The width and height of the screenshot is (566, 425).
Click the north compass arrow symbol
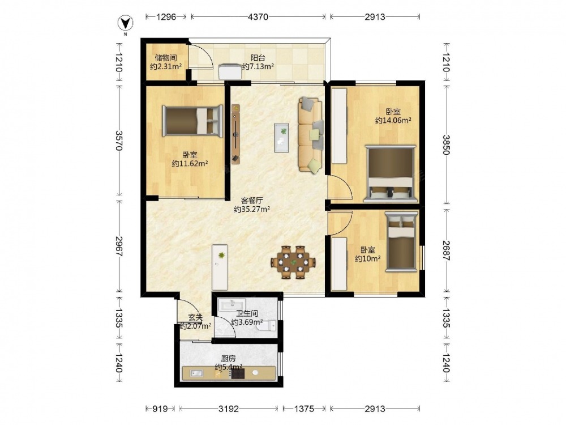click(125, 23)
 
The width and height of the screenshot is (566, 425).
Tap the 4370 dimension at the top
click(259, 16)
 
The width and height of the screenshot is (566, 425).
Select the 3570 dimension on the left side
click(119, 141)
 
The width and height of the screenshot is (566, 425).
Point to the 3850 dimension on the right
click(447, 144)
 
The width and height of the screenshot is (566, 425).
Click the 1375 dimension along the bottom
click(305, 409)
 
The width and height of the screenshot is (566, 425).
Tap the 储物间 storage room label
click(166, 57)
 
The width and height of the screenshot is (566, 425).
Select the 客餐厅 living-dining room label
click(252, 200)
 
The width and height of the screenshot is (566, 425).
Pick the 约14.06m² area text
click(393, 120)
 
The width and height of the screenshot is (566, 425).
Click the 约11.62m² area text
click(190, 164)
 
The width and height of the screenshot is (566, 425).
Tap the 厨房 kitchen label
click(229, 359)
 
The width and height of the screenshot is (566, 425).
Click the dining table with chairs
click(293, 262)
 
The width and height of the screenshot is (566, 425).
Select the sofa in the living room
click(310, 135)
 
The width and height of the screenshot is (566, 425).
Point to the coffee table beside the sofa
click(281, 138)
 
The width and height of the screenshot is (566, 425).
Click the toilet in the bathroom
click(267, 326)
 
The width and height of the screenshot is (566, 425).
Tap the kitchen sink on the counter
click(197, 373)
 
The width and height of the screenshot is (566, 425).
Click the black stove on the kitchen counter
click(238, 373)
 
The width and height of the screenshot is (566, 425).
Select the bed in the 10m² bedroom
click(401, 241)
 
